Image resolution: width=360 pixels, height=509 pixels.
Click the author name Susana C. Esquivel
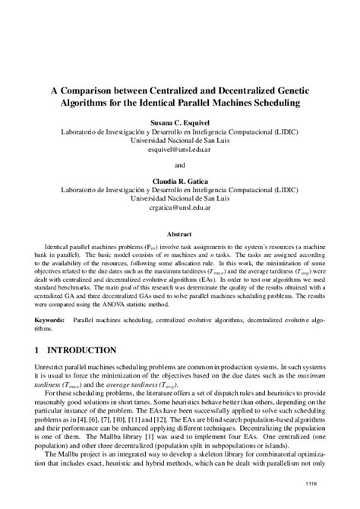pos(180,122)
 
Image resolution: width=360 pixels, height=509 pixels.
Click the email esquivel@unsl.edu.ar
pos(180,150)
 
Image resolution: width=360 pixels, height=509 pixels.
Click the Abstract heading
pos(180,236)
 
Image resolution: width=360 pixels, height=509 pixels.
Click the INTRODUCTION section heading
pos(81,350)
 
